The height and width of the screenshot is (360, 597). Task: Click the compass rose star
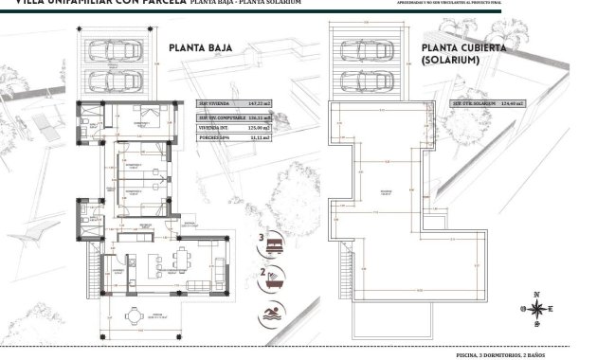[535, 308]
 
